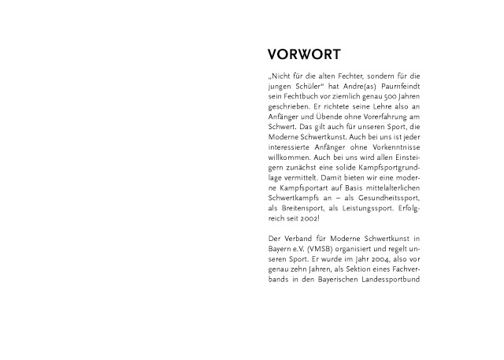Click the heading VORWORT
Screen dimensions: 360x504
(x=304, y=55)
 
